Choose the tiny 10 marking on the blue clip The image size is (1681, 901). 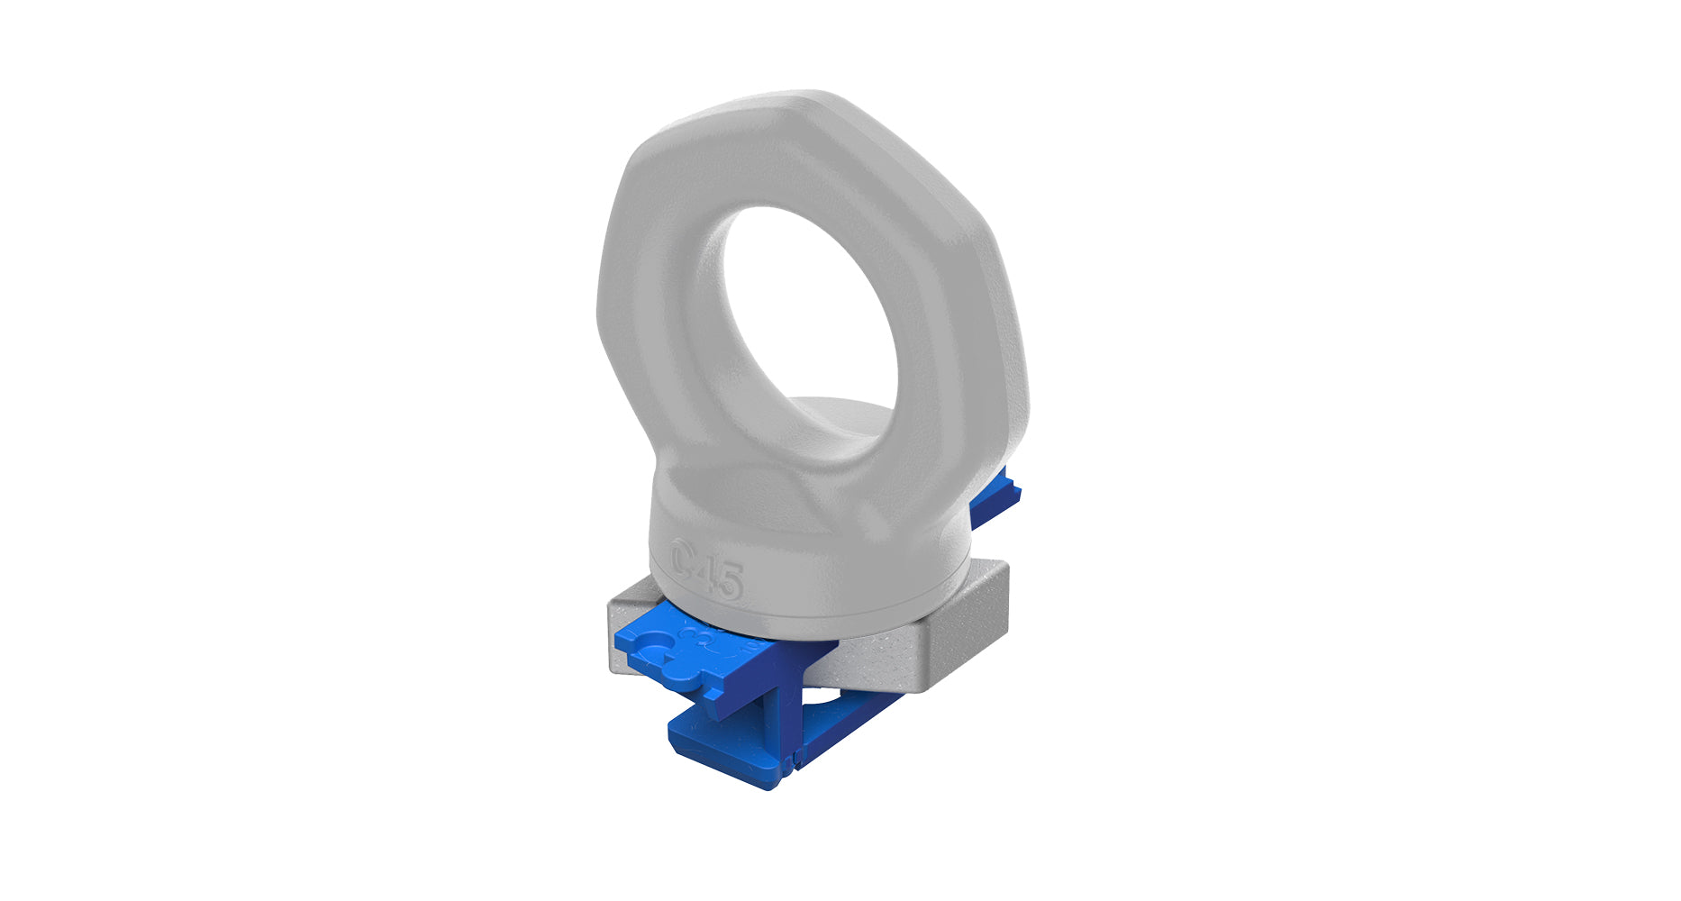pyautogui.click(x=747, y=646)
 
